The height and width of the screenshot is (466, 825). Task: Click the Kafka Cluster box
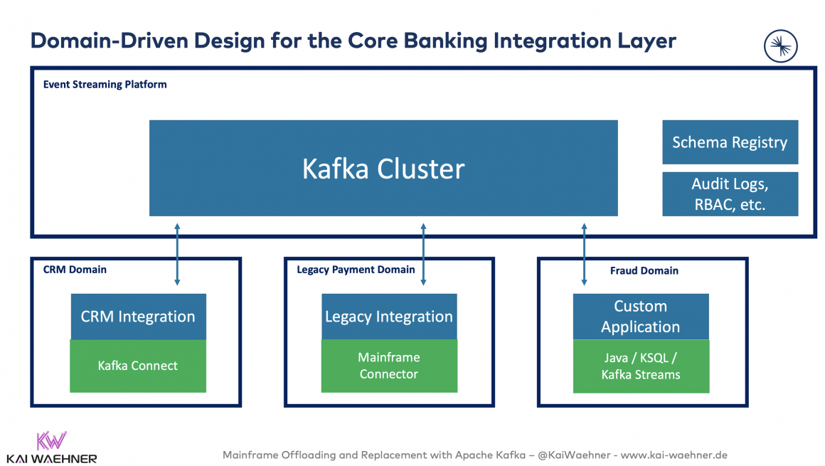click(x=383, y=168)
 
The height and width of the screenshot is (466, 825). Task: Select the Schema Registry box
click(x=730, y=142)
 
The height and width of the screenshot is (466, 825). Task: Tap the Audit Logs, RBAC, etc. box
click(x=730, y=194)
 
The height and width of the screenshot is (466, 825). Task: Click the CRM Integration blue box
click(x=138, y=317)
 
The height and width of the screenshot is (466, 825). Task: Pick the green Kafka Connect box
click(x=138, y=366)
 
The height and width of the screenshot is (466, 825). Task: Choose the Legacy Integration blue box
click(x=389, y=317)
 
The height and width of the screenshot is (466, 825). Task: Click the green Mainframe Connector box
click(x=389, y=366)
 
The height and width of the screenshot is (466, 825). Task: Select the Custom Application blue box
click(x=641, y=317)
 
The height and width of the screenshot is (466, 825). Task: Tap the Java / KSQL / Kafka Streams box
click(x=641, y=366)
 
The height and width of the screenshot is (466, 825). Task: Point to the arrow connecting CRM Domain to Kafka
click(x=177, y=254)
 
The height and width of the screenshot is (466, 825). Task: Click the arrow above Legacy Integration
click(x=423, y=254)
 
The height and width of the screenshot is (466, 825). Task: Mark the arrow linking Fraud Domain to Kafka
click(x=585, y=254)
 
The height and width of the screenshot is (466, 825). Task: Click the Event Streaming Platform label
click(x=105, y=84)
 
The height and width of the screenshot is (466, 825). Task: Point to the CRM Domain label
click(x=75, y=270)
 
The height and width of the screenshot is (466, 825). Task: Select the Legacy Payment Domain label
click(x=356, y=270)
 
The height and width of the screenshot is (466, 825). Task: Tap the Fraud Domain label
click(x=644, y=270)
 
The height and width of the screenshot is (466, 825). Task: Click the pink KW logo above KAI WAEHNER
click(x=51, y=440)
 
